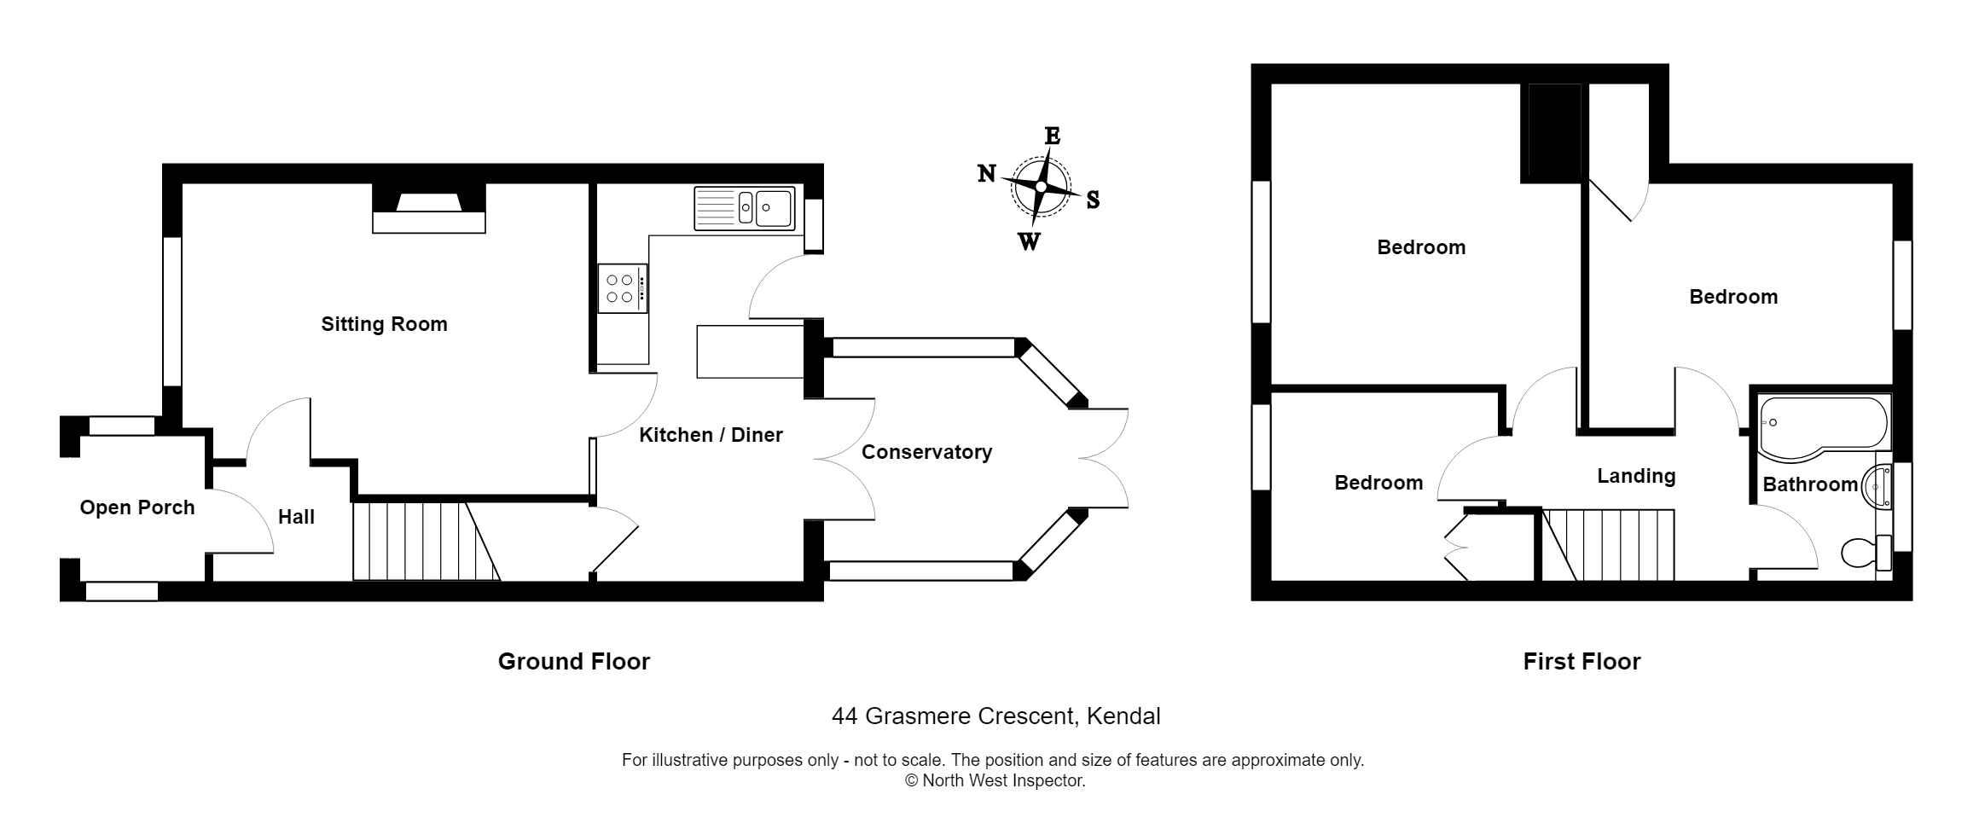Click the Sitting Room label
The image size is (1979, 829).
pyautogui.click(x=384, y=324)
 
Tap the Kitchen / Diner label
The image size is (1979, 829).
pyautogui.click(x=711, y=435)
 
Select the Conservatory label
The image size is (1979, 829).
pyautogui.click(x=926, y=452)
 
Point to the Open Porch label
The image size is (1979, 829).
pyautogui.click(x=137, y=507)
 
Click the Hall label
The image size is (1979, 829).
pyautogui.click(x=296, y=517)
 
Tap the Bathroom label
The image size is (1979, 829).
pyautogui.click(x=1810, y=484)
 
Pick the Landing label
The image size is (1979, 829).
pyautogui.click(x=1636, y=476)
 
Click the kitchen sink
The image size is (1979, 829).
pyautogui.click(x=745, y=209)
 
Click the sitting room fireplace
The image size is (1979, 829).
pyautogui.click(x=429, y=209)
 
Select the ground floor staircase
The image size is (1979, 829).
pyautogui.click(x=425, y=542)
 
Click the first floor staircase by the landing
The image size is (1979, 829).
pyautogui.click(x=1608, y=544)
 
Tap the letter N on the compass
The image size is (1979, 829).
pyautogui.click(x=987, y=174)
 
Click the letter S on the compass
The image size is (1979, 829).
pyautogui.click(x=1093, y=200)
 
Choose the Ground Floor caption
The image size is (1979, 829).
pyautogui.click(x=573, y=662)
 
